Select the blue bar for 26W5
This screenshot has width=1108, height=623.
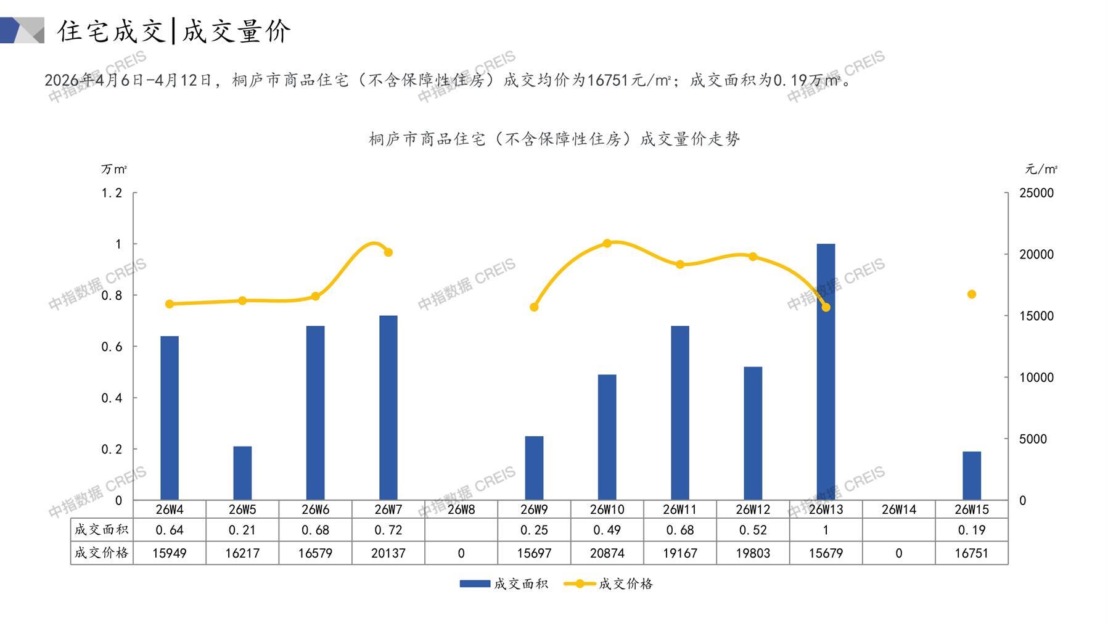click(x=242, y=472)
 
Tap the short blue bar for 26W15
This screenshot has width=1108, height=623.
click(x=971, y=476)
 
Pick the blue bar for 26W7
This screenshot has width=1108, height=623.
click(x=388, y=407)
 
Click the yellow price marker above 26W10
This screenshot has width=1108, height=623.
click(x=607, y=243)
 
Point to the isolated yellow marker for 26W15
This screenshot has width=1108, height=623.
click(x=972, y=294)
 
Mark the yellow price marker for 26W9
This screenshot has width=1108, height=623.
click(x=534, y=307)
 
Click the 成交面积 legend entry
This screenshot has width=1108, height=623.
click(x=504, y=584)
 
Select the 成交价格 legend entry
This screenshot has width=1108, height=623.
click(x=609, y=584)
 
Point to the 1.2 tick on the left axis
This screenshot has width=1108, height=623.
click(x=112, y=193)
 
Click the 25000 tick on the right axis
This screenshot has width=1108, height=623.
click(x=1036, y=193)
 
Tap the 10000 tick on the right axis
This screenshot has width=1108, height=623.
click(x=1036, y=378)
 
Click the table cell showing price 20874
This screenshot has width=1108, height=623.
click(x=607, y=553)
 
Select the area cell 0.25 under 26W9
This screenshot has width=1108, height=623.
click(x=534, y=530)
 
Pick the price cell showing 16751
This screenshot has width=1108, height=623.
click(x=971, y=553)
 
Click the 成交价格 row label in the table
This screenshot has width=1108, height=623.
click(x=102, y=553)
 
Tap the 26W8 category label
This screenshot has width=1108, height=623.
click(x=461, y=510)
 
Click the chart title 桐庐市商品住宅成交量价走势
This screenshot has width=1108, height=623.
click(x=554, y=139)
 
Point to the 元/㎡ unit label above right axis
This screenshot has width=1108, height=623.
click(x=1041, y=169)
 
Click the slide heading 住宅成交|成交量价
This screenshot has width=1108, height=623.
click(x=174, y=31)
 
